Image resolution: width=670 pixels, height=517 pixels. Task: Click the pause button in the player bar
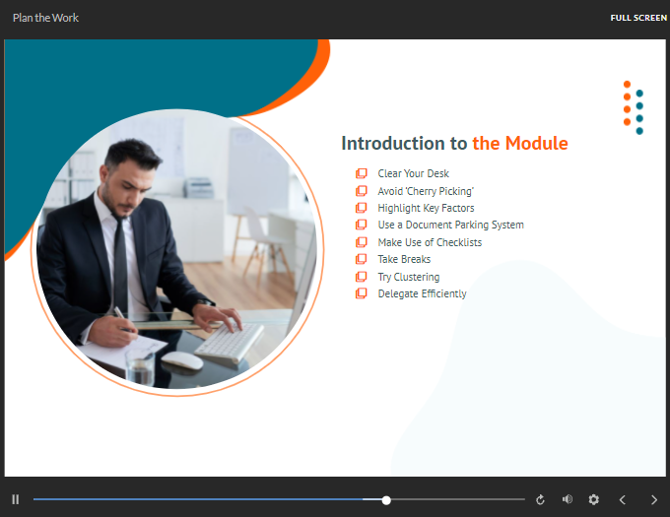(16, 499)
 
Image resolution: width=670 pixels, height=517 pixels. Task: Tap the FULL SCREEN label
(638, 18)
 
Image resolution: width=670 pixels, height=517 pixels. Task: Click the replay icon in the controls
(540, 499)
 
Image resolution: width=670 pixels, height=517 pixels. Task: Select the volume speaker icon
(567, 499)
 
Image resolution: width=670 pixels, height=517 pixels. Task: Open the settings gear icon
(593, 499)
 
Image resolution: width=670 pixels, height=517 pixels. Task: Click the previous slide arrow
(622, 500)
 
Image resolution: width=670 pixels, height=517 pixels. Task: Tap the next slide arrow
(654, 500)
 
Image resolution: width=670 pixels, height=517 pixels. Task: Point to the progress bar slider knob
(386, 500)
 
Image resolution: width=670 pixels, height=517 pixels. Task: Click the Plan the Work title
(45, 18)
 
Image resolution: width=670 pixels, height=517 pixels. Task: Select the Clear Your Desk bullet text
(413, 173)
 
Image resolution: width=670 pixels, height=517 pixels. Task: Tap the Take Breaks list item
(404, 259)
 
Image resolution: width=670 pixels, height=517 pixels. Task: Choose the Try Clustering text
(409, 277)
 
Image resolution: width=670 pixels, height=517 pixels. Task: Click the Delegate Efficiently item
(422, 293)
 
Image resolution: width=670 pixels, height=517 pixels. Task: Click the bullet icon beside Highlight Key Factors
(361, 208)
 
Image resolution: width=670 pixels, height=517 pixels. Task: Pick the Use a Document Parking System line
(451, 225)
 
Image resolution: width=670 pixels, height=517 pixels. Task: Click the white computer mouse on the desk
(182, 360)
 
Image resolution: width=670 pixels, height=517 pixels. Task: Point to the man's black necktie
(120, 265)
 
